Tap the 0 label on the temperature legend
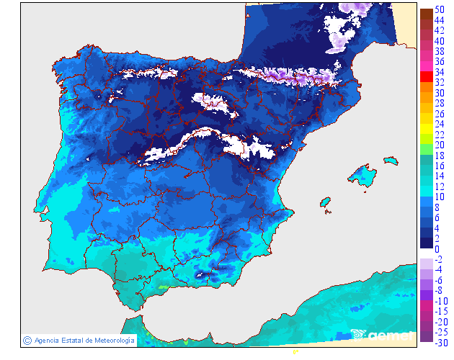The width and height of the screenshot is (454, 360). click(437, 249)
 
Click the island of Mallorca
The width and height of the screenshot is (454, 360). click(362, 175)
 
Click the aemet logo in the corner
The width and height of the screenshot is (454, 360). click(383, 334)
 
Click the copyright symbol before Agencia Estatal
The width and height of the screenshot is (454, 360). click(27, 340)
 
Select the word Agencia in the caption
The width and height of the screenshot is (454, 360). click(47, 340)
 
